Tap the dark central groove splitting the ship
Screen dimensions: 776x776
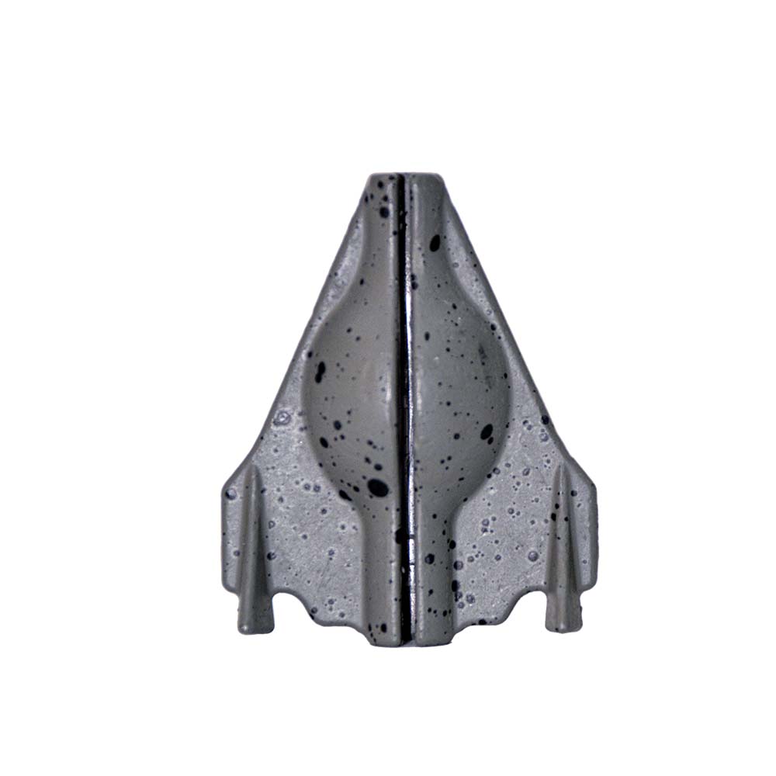click(x=405, y=388)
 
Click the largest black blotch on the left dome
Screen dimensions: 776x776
click(x=378, y=487)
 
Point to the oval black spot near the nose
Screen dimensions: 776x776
click(x=435, y=242)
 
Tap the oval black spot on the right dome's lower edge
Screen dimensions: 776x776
click(x=487, y=432)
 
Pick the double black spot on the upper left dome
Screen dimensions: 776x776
click(x=319, y=371)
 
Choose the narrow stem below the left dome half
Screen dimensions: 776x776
click(x=380, y=574)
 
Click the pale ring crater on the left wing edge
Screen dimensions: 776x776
click(x=282, y=419)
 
